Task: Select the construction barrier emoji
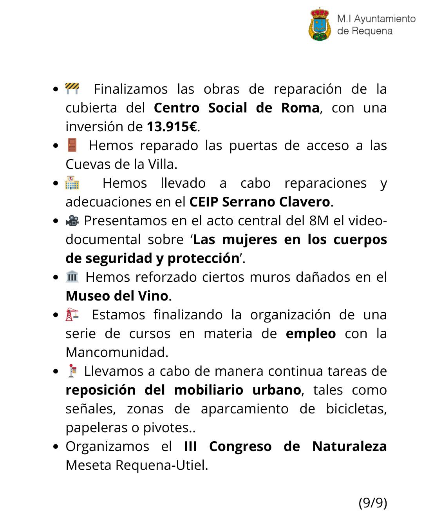72,89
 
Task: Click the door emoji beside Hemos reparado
72,145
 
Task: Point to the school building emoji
72,183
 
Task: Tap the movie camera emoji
72,221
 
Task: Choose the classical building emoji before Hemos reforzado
72,277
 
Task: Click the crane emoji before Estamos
72,314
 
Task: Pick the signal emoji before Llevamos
72,371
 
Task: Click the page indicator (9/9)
372,502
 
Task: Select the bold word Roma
300,108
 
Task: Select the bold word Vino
153,296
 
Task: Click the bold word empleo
311,333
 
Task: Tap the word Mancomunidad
117,352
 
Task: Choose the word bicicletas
356,409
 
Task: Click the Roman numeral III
190,446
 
